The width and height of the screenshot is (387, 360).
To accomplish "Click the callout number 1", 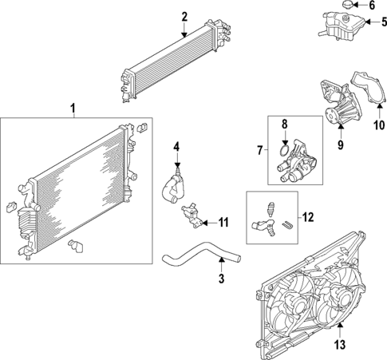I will (73, 107).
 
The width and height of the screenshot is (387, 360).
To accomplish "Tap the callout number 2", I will (184, 16).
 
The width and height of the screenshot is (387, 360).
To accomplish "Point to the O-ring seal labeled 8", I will (283, 147).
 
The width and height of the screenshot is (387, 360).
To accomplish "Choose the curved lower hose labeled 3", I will (195, 260).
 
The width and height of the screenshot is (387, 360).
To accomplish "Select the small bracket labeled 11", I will (192, 214).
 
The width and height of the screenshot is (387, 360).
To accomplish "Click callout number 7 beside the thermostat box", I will (259, 150).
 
